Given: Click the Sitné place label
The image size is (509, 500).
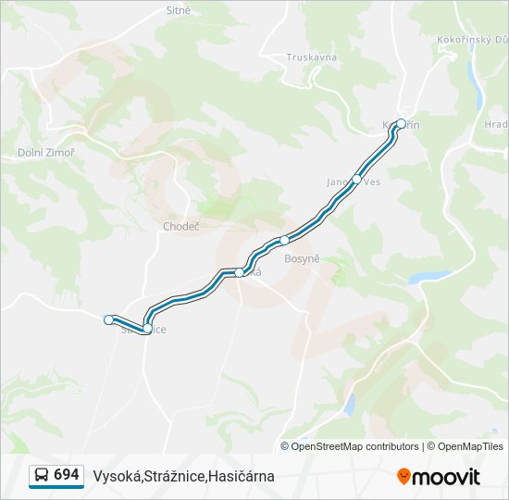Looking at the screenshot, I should click(179, 10).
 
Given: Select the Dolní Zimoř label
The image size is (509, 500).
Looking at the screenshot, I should click(46, 153).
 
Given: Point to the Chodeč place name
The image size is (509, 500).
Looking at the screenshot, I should click(181, 226).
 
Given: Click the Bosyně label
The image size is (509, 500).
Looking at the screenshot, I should click(302, 258).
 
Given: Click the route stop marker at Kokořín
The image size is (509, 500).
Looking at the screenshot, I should click(401, 123).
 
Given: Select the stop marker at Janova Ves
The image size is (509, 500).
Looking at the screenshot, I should click(357, 180).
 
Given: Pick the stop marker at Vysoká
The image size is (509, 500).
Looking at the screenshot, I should click(240, 272).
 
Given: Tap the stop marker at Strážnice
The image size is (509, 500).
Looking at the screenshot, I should click(147, 328).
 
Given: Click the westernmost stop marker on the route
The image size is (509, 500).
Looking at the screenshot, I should click(109, 319).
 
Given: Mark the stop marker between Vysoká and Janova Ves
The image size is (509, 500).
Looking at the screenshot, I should click(285, 240).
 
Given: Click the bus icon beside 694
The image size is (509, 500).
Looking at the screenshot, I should click(43, 476).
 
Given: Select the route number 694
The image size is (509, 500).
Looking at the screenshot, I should click(67, 475).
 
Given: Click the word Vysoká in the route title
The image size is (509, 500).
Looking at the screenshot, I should click(117, 476).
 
